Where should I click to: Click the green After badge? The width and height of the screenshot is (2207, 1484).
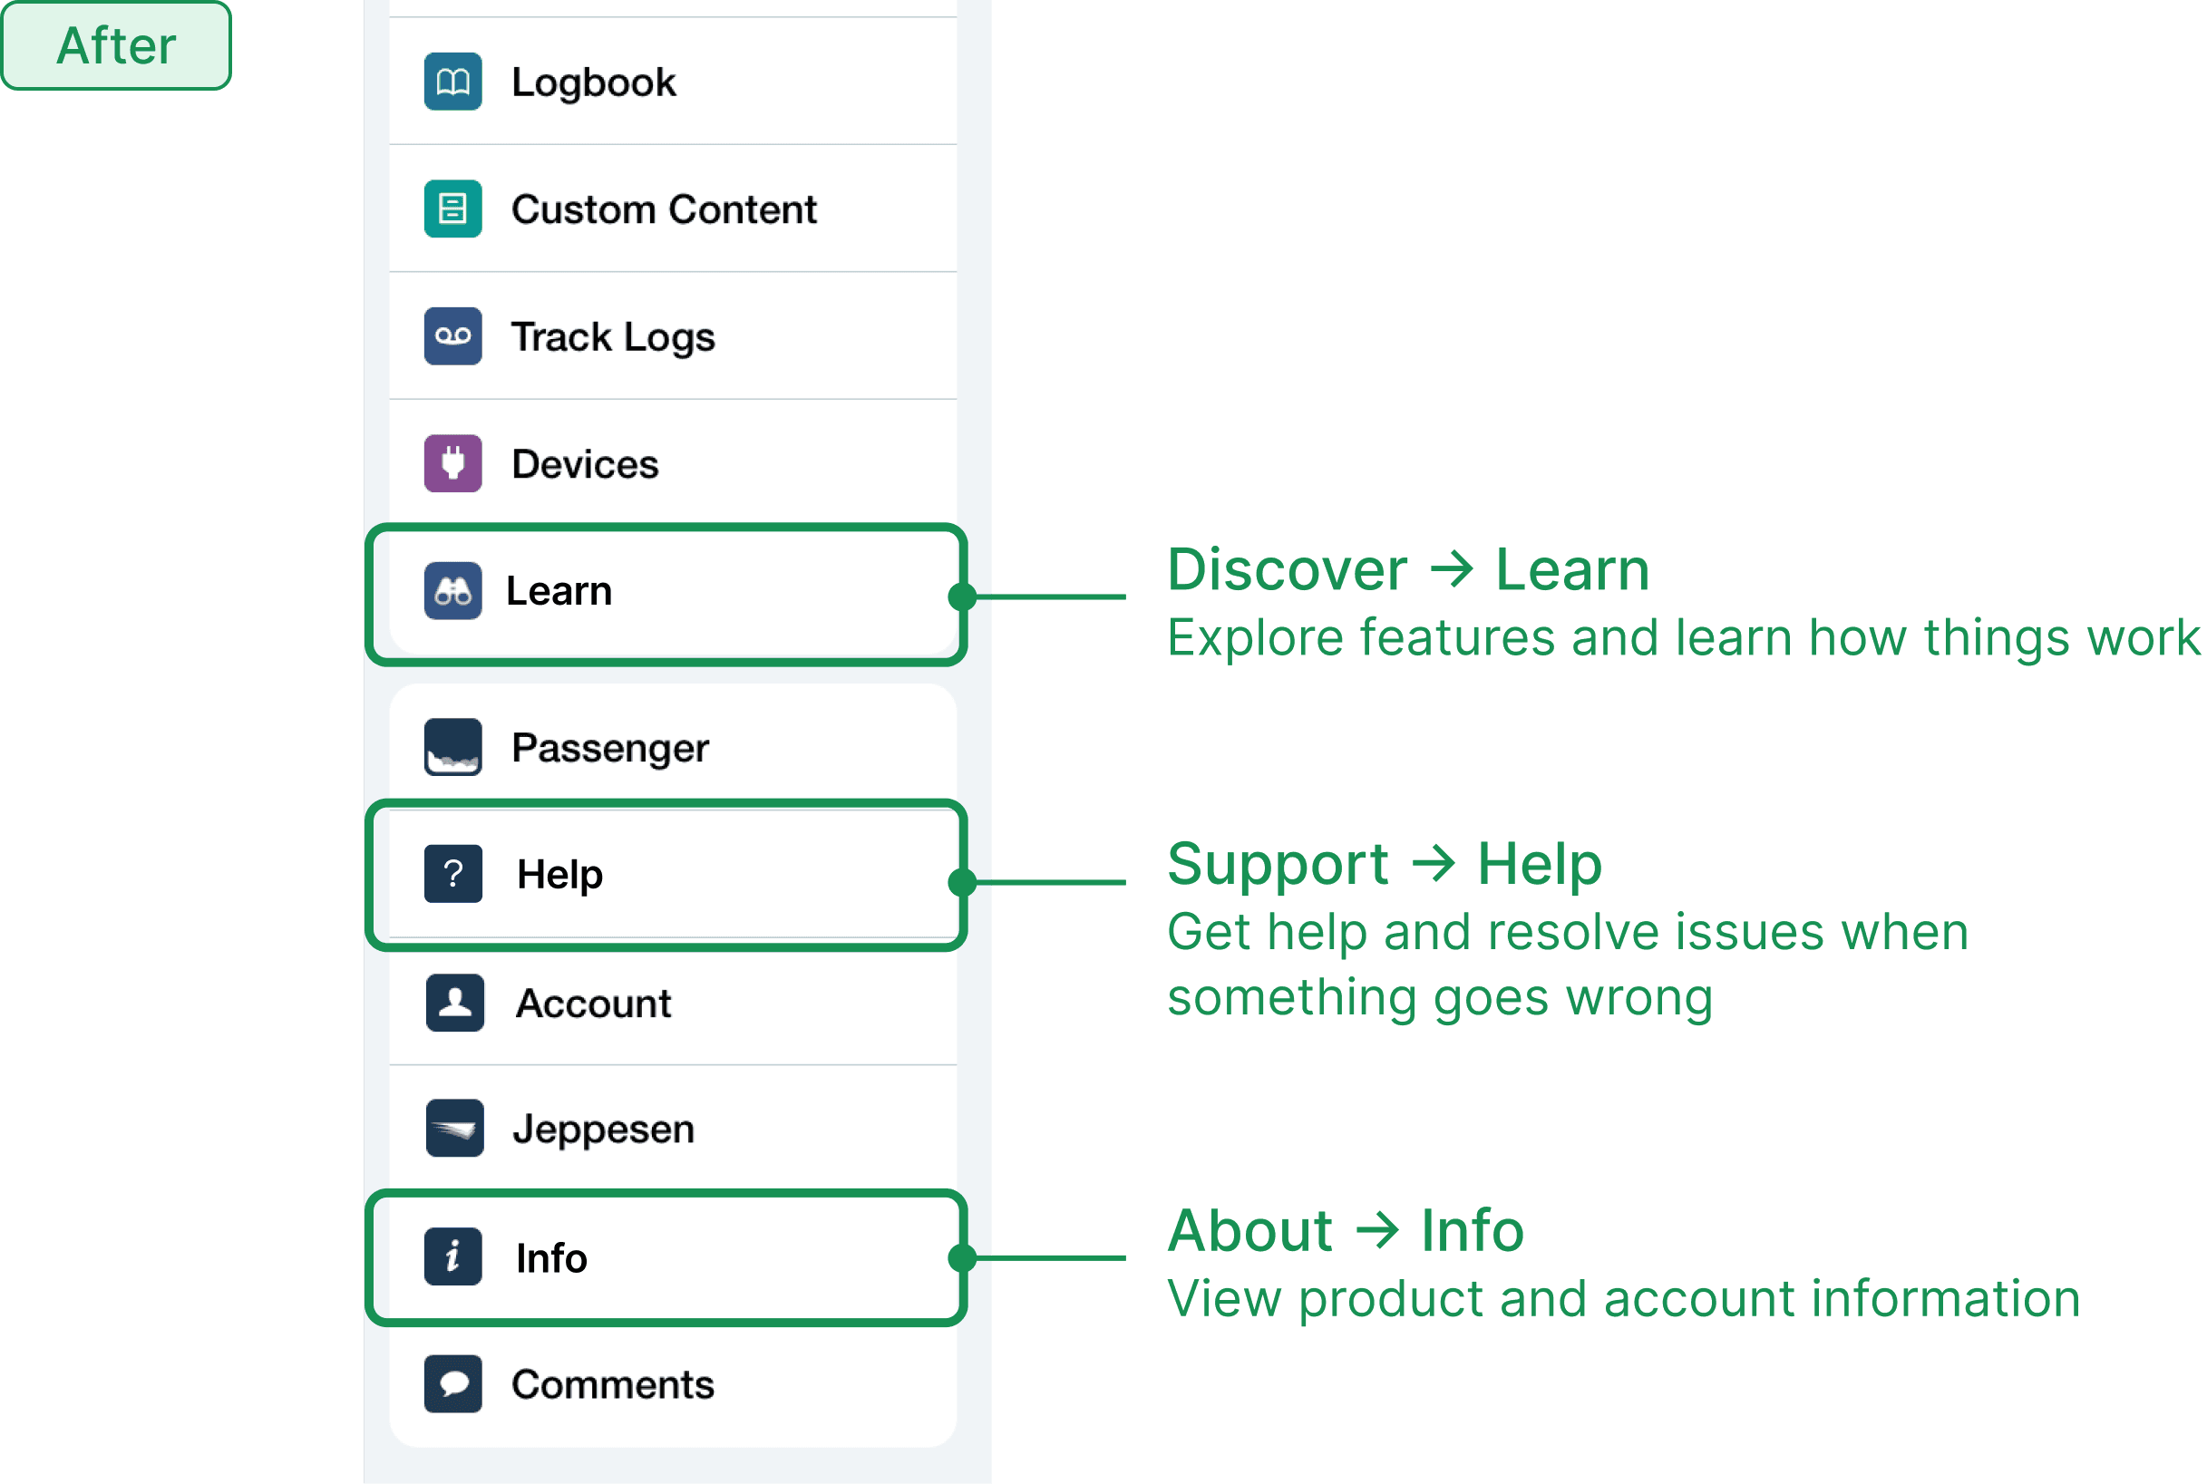116,45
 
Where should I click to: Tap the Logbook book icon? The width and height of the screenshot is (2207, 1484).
452,82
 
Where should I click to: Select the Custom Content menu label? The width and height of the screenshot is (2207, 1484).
664,209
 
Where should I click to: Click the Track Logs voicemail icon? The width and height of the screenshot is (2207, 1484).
452,336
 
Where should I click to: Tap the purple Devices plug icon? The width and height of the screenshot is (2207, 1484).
452,464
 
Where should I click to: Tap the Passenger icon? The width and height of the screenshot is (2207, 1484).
452,748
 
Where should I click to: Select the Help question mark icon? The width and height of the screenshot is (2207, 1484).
452,874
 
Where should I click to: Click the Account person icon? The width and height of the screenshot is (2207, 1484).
454,1003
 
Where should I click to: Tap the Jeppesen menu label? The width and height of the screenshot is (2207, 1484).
604,1129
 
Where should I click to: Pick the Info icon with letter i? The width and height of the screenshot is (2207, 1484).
452,1256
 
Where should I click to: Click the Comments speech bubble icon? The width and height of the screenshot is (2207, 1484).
452,1383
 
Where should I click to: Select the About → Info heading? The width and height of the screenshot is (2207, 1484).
1346,1230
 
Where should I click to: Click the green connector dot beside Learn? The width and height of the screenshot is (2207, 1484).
961,597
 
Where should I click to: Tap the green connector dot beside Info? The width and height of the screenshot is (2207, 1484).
961,1257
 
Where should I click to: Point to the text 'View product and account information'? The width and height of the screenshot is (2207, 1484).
1623,1298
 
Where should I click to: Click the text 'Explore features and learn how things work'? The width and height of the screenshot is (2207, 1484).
1683,638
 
